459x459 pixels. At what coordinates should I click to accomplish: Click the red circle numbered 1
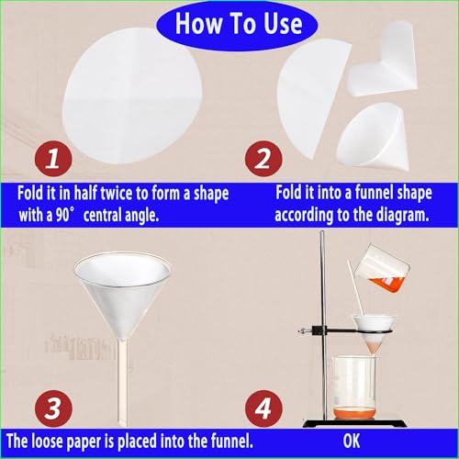[x=53, y=159]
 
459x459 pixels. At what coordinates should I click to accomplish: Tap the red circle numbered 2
[x=263, y=159]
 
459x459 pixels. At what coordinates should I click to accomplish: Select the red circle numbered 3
[x=53, y=409]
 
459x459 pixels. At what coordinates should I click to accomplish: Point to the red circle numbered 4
[x=263, y=409]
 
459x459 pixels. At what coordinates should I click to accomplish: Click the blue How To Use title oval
[x=237, y=25]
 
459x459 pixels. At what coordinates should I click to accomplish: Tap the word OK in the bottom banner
[x=352, y=441]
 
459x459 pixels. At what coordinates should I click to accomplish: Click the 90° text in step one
[x=65, y=215]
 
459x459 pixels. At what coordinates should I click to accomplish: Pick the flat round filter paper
[x=131, y=95]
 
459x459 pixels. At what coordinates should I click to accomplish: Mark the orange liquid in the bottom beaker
[x=353, y=413]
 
